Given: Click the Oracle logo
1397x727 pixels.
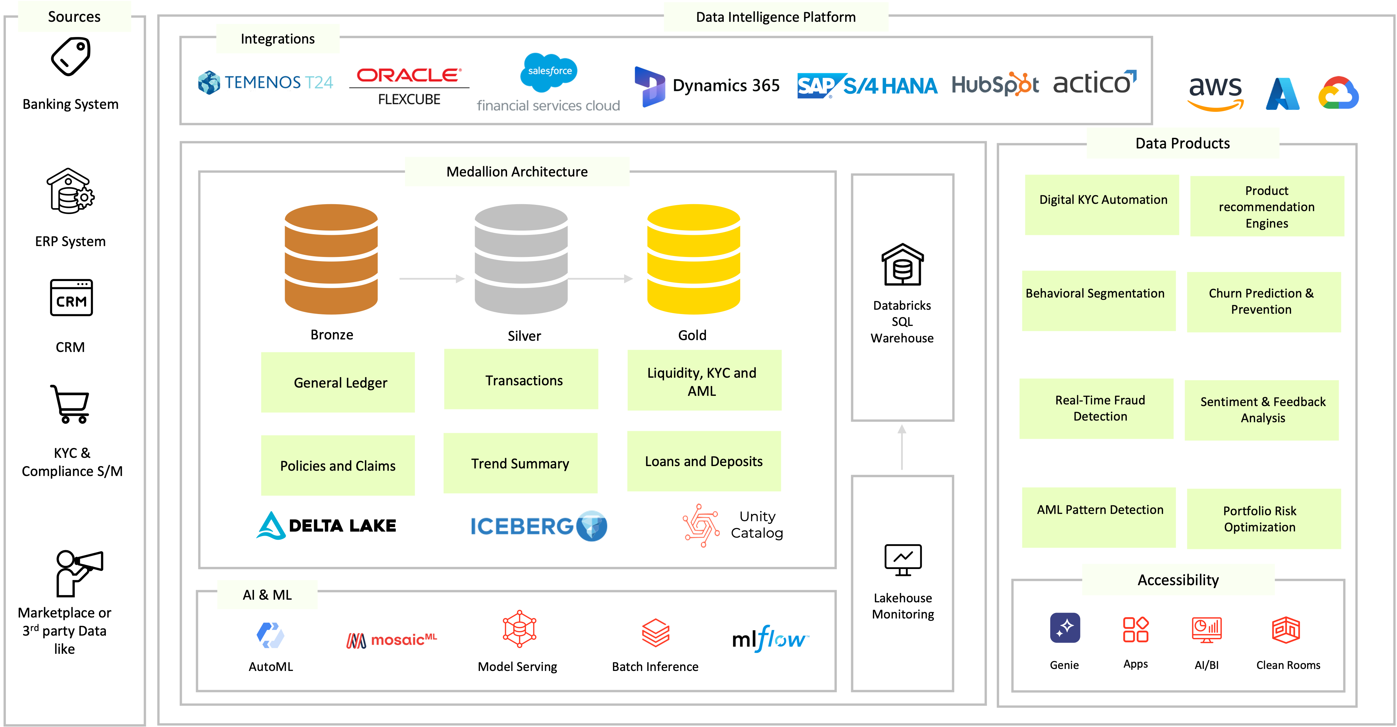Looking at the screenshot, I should [x=409, y=75].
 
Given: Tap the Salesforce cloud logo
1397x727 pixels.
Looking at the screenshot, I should [x=549, y=72].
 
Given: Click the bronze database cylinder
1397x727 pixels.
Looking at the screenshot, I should [x=331, y=259].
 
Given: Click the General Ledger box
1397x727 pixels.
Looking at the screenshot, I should [x=338, y=382].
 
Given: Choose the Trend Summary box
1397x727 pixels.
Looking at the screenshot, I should [x=520, y=463].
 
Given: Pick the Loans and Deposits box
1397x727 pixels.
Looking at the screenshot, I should [x=703, y=461].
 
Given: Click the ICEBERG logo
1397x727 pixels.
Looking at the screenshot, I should [x=538, y=526].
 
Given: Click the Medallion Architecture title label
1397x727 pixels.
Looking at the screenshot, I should [x=517, y=172].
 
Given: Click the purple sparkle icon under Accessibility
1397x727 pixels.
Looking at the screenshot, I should [x=1064, y=628].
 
